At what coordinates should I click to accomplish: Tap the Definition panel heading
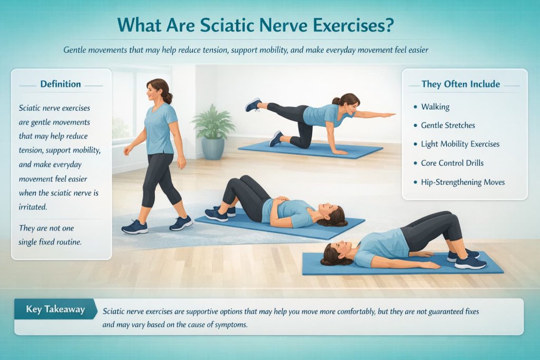tap(61, 84)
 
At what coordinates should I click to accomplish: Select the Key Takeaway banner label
tap(55, 309)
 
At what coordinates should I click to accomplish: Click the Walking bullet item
tap(435, 106)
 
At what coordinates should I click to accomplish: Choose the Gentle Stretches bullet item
tap(448, 125)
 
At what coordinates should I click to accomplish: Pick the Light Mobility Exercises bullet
tap(460, 144)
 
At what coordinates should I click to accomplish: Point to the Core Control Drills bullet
tap(452, 163)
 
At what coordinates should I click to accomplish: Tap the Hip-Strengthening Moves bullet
tap(462, 182)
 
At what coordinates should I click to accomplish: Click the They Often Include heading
tap(460, 84)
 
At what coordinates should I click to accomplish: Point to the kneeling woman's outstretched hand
tap(389, 114)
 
